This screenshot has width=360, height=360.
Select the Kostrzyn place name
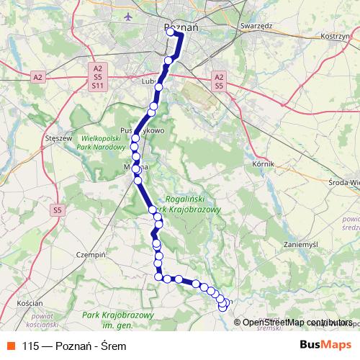point(333,35)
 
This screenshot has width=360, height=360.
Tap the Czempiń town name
point(91,254)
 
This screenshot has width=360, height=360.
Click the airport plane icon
point(128,16)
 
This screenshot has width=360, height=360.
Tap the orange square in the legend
point(11,345)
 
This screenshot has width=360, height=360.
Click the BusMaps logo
point(325,345)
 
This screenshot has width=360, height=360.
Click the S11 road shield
point(97,86)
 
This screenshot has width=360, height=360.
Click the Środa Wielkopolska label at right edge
point(343,183)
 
